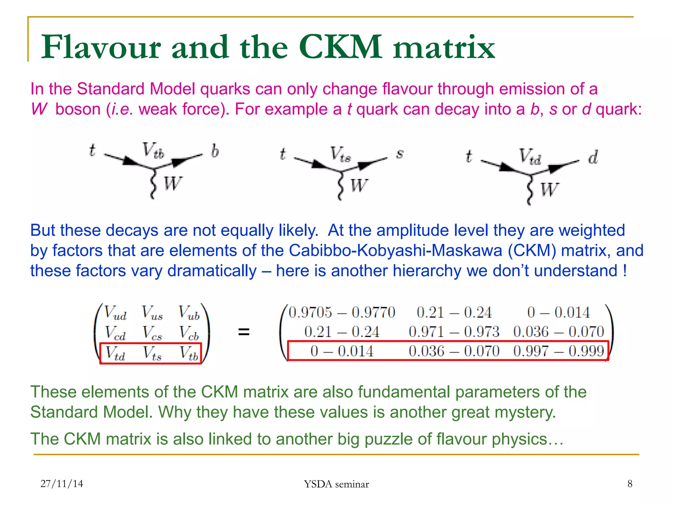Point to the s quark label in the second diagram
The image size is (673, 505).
point(400,154)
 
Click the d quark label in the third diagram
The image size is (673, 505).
point(593,157)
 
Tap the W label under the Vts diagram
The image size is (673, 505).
point(359,186)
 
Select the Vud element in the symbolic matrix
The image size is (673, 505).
point(115,313)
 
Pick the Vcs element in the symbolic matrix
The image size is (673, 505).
point(152,333)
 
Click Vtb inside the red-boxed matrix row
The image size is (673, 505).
point(189,353)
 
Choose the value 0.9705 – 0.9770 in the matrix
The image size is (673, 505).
point(341,312)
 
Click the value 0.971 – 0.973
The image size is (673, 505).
point(454,332)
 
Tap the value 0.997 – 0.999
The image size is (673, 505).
point(558,351)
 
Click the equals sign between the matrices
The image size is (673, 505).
point(244,332)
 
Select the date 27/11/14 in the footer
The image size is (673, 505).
point(62,484)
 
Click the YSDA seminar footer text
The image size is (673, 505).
point(336,484)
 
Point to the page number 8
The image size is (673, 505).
point(630,484)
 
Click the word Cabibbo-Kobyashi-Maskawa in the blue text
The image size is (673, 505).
point(395,251)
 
